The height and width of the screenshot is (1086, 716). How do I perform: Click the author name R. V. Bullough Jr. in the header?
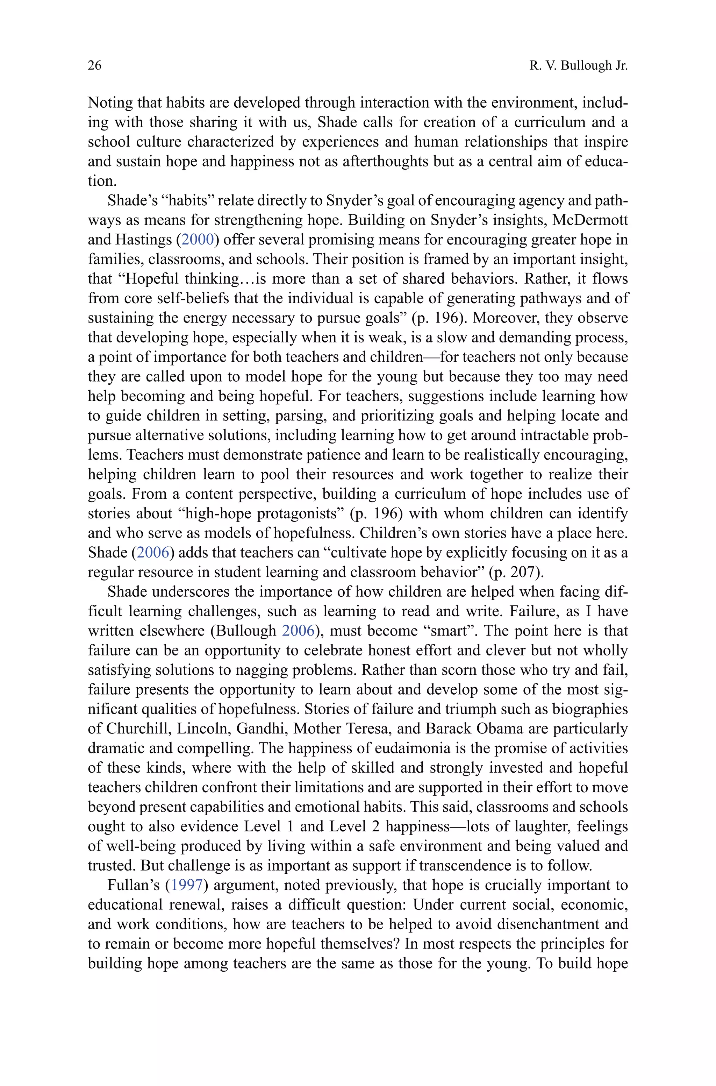(579, 66)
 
